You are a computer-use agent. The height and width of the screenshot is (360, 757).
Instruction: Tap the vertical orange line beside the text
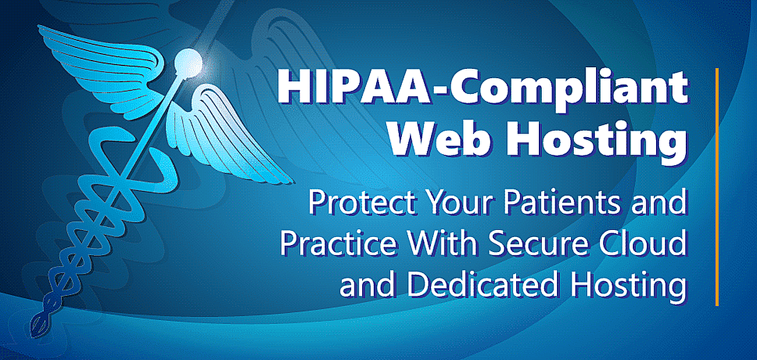(717, 187)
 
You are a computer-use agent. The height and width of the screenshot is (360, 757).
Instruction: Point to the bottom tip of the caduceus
(34, 335)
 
